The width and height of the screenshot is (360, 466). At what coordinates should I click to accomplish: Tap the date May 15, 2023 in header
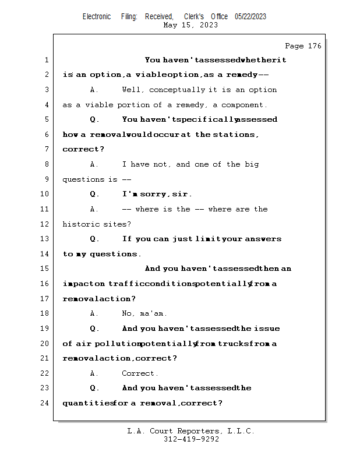tap(191, 25)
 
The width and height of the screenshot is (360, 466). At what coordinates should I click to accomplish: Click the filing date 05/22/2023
tap(250, 16)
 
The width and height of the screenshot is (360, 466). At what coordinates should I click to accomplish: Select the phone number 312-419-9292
tap(191, 439)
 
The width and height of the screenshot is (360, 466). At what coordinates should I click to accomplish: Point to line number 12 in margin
tap(46, 224)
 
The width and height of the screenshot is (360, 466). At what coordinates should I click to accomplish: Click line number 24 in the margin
tap(46, 403)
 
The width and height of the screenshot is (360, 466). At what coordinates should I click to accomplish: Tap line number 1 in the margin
tap(46, 60)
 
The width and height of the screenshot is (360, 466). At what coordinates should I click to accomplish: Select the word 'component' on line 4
tap(243, 105)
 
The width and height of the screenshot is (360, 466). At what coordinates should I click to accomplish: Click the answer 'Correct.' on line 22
tap(140, 373)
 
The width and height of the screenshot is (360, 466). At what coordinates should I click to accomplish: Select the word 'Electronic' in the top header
tap(97, 16)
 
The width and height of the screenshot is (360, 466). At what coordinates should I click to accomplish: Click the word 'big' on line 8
tap(252, 164)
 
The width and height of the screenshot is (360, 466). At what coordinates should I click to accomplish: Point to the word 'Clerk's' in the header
tap(194, 16)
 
